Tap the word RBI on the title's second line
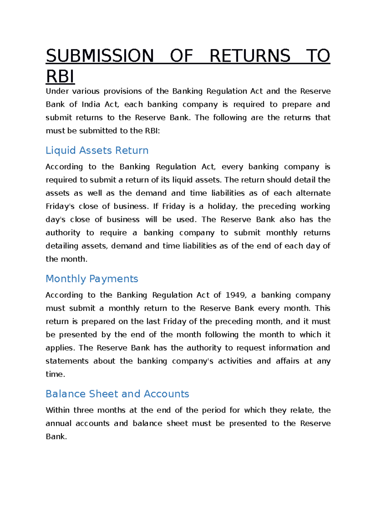60,77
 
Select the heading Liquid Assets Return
97,150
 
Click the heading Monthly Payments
92,279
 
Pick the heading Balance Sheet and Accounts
117,394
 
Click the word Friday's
60,206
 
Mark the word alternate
313,193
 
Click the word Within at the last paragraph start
57,410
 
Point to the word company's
192,361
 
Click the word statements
67,361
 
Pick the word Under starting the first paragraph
57,91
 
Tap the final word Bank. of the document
56,437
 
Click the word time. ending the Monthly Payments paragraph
55,374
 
